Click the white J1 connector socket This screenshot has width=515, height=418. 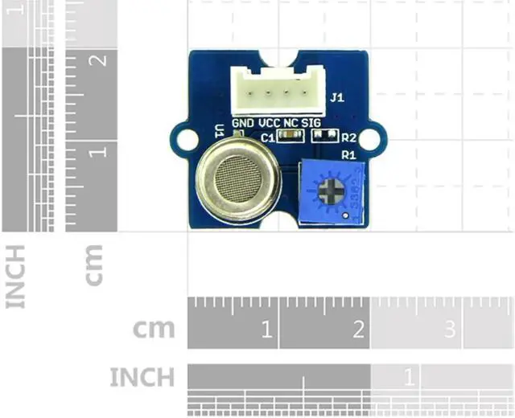point(274,90)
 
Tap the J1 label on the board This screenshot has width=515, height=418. point(337,98)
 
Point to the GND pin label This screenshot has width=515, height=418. point(243,123)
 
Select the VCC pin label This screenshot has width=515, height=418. point(269,123)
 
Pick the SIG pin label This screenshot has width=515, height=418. point(311,123)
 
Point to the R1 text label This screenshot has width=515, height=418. point(349,154)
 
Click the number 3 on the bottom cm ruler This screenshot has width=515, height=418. point(449,329)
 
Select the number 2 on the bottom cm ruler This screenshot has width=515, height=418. point(358,329)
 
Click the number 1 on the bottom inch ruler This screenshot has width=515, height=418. point(409,376)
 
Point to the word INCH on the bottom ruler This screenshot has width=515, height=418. point(142,376)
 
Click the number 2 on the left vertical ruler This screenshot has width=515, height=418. point(98,61)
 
